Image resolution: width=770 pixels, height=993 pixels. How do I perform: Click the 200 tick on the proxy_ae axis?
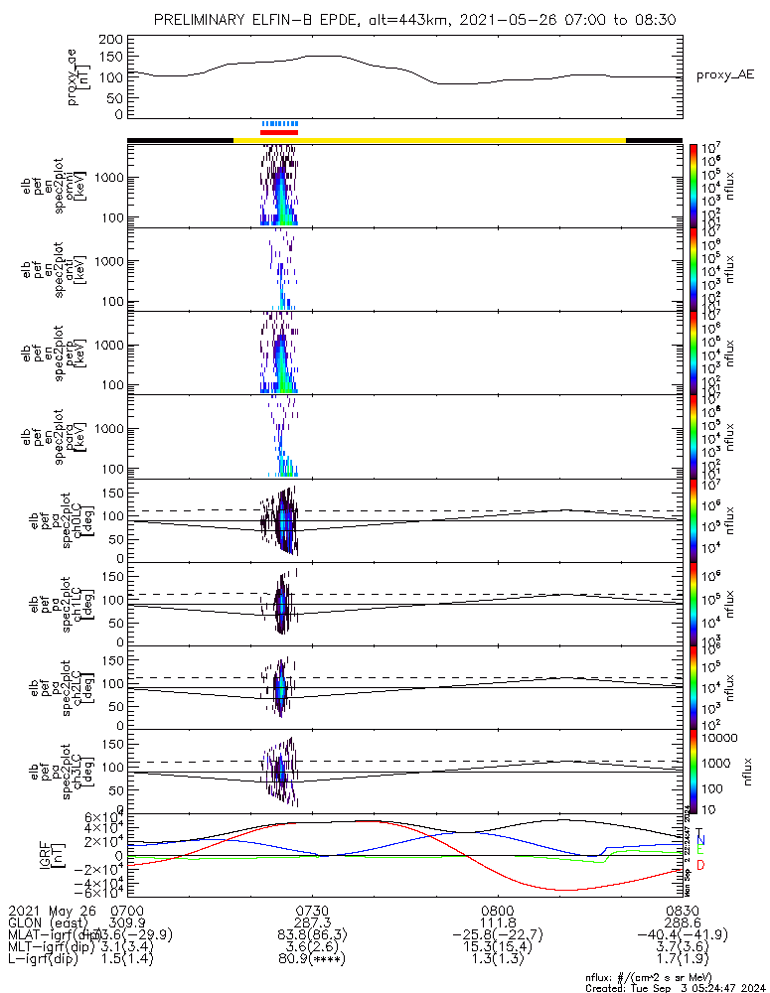(111, 39)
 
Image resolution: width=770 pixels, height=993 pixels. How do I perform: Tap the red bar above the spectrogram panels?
(279, 131)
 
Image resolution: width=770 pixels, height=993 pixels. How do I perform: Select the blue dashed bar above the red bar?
(279, 123)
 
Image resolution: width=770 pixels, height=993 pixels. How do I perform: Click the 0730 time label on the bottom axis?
(312, 910)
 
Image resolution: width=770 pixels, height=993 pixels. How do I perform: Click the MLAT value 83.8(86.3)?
(312, 935)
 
